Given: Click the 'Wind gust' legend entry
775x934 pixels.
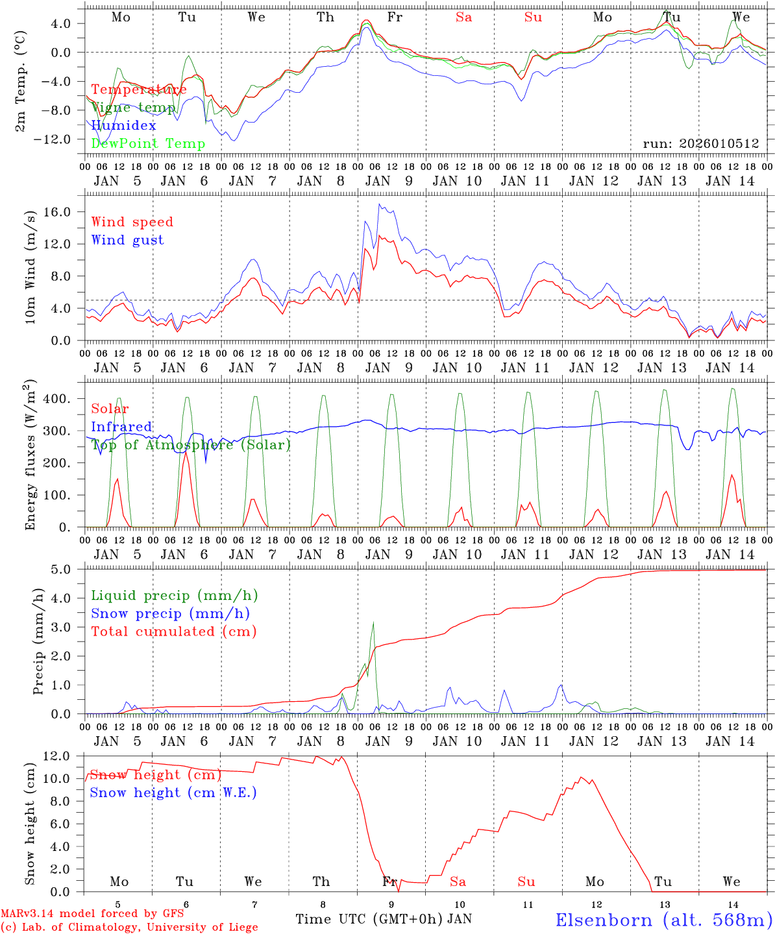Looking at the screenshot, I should (x=127, y=240).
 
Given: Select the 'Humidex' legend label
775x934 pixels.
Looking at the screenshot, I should (x=123, y=125).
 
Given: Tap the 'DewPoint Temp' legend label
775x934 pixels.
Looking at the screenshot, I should (x=148, y=143).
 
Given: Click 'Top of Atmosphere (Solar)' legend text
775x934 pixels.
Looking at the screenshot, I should (x=191, y=445).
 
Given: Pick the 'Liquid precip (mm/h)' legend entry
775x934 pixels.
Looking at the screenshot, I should (x=174, y=595).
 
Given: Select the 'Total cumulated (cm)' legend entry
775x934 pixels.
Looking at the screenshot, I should (x=174, y=631).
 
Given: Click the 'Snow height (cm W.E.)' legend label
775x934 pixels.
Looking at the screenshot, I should (x=173, y=793).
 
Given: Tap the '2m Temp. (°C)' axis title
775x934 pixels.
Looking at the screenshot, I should (x=20, y=81).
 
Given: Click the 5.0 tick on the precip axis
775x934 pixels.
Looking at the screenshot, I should (x=69, y=569).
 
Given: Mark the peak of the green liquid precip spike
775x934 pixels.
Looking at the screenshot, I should (x=373, y=623).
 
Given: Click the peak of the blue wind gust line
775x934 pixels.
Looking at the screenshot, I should (x=380, y=204).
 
